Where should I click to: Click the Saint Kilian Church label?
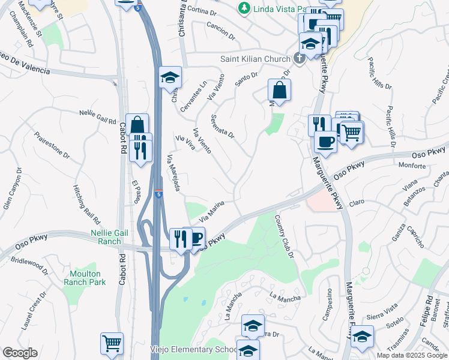[x=254, y=59]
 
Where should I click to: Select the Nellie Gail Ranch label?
[x=115, y=236]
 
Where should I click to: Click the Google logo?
[x=20, y=353]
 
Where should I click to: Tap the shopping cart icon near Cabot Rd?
[x=112, y=343]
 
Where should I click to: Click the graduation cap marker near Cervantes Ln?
[x=170, y=76]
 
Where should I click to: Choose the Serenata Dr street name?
[x=222, y=126]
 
